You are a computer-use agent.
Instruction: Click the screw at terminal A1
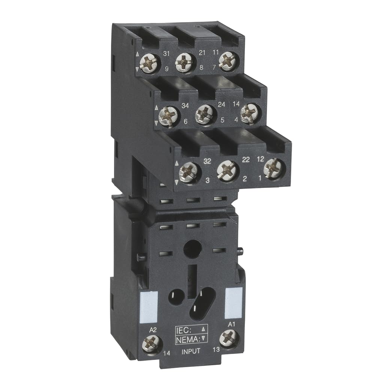coord(229,338)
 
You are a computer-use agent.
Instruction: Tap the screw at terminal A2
coord(152,343)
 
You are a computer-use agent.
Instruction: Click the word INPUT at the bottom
coord(191,351)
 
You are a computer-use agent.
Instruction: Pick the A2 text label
coord(153,330)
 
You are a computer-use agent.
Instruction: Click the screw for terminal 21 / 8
coord(184,61)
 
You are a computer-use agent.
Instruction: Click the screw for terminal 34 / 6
coord(168,115)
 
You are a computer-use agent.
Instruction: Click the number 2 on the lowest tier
coord(244,179)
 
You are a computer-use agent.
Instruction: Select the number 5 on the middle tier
coord(222,120)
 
